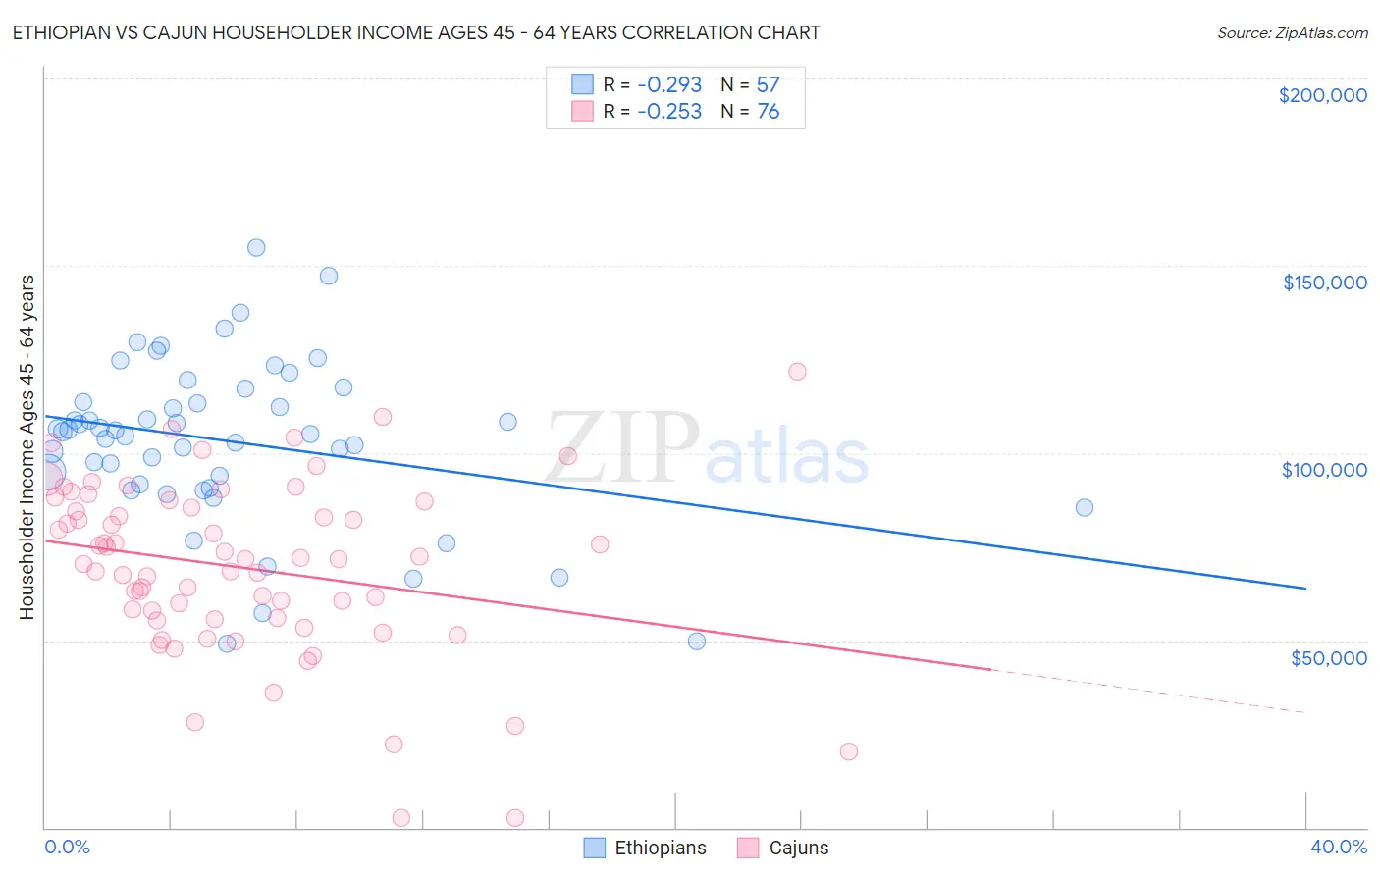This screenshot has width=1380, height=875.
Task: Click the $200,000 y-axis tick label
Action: click(1322, 95)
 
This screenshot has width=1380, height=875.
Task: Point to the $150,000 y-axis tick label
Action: click(1324, 283)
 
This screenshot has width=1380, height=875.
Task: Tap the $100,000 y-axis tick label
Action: click(1324, 470)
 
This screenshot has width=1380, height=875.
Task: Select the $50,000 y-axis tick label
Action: click(1328, 657)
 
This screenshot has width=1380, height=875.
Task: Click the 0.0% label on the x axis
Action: click(67, 847)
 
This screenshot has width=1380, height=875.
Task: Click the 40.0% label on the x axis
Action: click(1338, 847)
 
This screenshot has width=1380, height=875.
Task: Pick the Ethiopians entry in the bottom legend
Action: click(645, 848)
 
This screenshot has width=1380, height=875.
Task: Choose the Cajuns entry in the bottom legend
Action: click(782, 848)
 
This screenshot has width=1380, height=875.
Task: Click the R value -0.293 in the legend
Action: click(669, 85)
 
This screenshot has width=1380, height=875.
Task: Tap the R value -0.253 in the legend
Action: click(669, 112)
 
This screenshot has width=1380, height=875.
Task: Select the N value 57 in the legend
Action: click(768, 85)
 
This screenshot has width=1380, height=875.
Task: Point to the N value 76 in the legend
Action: click(768, 112)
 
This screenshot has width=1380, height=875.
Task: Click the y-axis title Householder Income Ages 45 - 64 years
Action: click(27, 447)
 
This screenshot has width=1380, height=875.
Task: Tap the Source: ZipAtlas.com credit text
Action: click(1292, 32)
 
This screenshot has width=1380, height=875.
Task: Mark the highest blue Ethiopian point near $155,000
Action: click(256, 247)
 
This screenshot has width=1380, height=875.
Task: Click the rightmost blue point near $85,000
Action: click(1084, 507)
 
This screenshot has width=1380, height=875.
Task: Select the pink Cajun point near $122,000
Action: click(797, 371)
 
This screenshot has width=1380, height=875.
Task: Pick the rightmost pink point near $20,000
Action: click(848, 751)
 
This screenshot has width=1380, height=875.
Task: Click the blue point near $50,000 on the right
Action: click(696, 641)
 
